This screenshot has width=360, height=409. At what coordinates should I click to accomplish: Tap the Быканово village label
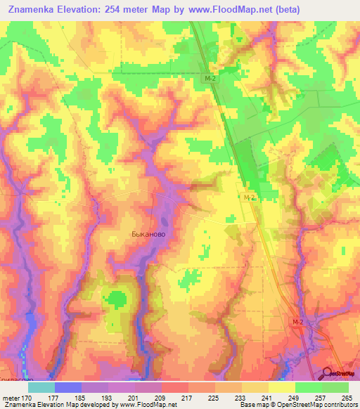click(148, 235)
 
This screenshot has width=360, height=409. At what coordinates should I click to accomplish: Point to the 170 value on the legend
click(26, 397)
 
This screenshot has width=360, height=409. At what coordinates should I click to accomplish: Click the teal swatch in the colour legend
click(41, 387)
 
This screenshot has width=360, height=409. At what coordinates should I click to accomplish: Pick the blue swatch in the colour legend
click(68, 387)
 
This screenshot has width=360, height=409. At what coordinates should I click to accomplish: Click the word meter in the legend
click(10, 397)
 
